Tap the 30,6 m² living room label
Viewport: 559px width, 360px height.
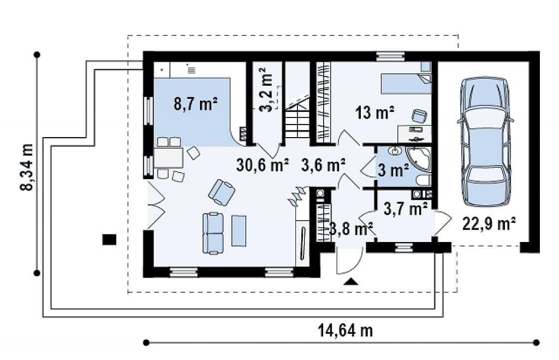point(263,165)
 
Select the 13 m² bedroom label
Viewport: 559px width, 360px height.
point(374,113)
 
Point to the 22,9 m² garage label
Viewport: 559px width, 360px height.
point(489,224)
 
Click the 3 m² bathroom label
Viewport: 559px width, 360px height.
point(393,170)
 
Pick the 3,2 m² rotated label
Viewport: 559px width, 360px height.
point(266,90)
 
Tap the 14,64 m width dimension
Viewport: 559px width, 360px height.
point(345,331)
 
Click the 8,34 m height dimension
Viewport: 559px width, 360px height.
point(27,167)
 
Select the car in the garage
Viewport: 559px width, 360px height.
point(486,141)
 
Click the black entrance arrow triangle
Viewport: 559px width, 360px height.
point(351,281)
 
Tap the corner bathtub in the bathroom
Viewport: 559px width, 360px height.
point(419,158)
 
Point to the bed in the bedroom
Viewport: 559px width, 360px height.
point(406,84)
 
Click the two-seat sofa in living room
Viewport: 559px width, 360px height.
point(213,233)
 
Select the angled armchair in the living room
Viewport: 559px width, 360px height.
point(222,192)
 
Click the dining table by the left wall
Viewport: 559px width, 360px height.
point(168,157)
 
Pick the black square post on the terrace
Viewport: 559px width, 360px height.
point(109,239)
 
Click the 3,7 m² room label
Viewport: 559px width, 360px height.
point(406,209)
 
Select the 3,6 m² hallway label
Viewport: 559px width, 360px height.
point(323,165)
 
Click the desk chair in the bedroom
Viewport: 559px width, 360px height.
point(419,116)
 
